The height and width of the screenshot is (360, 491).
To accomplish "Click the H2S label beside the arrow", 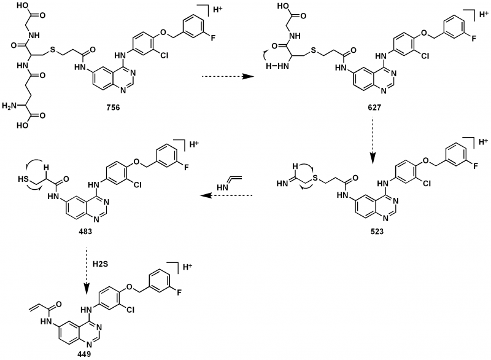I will point(101,263).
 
